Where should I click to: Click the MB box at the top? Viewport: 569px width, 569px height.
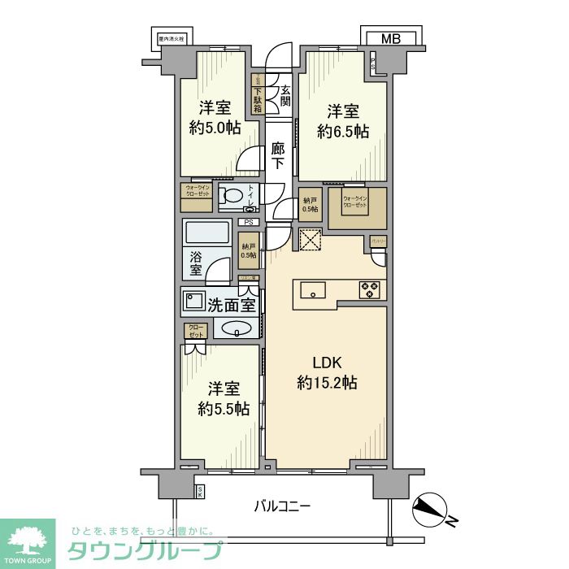click(391, 38)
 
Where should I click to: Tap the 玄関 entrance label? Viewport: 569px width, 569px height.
click(285, 97)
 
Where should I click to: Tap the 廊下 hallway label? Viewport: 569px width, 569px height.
click(278, 156)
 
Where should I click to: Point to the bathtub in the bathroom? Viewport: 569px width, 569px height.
click(206, 234)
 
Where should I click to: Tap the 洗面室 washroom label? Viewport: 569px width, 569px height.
click(232, 306)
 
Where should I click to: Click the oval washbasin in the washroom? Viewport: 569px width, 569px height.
click(235, 329)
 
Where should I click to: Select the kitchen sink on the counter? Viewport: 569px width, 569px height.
click(313, 290)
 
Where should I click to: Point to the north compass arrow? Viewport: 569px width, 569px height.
click(428, 508)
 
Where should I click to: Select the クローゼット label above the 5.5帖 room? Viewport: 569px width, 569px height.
click(196, 331)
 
